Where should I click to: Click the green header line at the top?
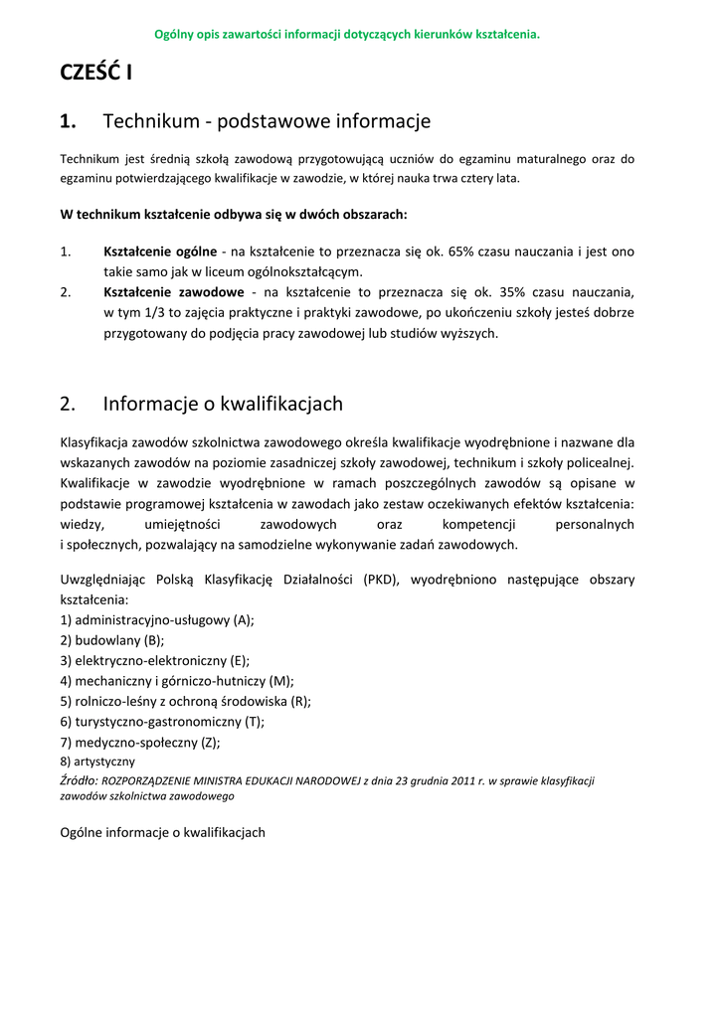pos(347,35)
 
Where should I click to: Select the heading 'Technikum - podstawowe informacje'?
pos(267,121)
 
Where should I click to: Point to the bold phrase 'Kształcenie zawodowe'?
pos(173,292)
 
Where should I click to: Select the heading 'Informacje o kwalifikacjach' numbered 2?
pos(223,404)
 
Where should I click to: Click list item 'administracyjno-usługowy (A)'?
pos(157,619)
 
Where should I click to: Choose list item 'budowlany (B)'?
pos(112,640)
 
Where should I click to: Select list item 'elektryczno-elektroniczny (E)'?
pos(155,660)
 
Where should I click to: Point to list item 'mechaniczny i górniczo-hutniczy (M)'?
pos(177,681)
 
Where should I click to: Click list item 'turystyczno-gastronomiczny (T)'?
pos(162,722)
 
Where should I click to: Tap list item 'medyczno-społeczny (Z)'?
pos(140,742)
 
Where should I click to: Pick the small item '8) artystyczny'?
pos(97,761)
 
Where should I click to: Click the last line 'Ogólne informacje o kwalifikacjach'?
pos(163,832)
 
